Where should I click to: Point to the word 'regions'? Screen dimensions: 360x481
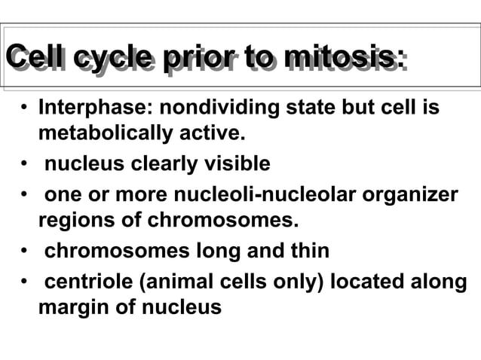click(x=74, y=221)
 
